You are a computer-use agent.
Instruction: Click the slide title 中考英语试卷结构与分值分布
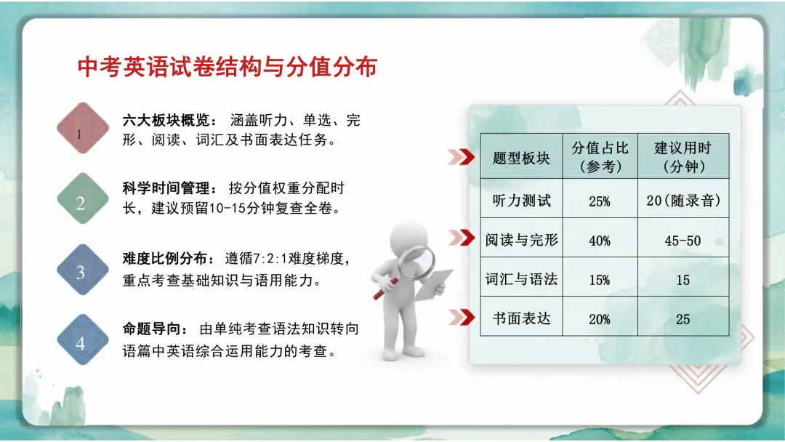click(227, 67)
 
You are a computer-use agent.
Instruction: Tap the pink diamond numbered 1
click(83, 129)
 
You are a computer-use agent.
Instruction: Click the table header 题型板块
click(521, 158)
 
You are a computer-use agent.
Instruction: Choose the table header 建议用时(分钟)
click(683, 157)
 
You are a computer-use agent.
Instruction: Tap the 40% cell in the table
click(600, 241)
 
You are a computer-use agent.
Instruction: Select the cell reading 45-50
click(683, 241)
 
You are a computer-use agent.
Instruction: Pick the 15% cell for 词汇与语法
click(600, 280)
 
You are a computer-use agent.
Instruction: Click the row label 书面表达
click(521, 318)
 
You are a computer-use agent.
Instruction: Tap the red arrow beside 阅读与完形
click(462, 237)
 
